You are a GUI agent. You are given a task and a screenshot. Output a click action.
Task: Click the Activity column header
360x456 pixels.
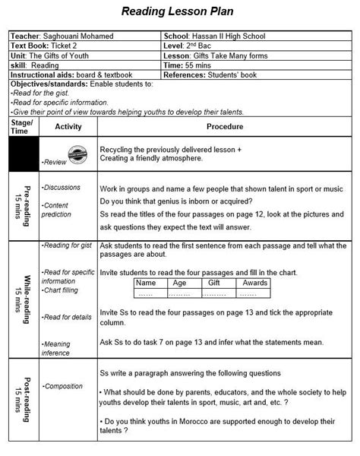coord(68,126)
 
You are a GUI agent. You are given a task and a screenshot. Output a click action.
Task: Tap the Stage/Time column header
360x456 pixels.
coord(21,126)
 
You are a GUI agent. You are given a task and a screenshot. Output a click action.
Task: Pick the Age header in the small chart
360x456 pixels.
coord(179,282)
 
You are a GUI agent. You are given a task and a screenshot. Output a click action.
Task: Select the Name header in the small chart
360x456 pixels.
coord(144,282)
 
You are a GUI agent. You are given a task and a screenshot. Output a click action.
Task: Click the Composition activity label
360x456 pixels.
coord(63,387)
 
